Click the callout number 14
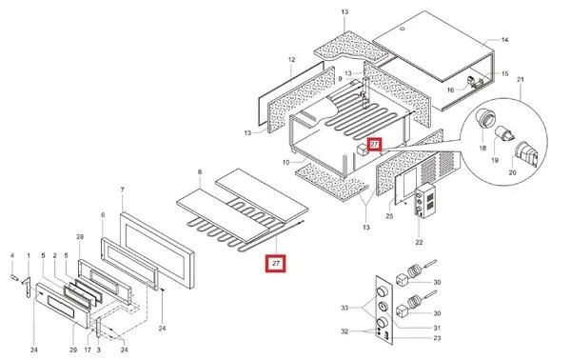click(x=504, y=40)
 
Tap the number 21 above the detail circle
click(x=521, y=79)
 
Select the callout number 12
click(x=292, y=59)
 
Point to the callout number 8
click(x=200, y=171)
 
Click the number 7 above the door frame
click(x=123, y=190)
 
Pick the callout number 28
click(x=80, y=237)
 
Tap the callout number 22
click(x=419, y=242)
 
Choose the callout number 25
click(x=389, y=216)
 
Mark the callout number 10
click(x=285, y=162)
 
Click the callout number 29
click(x=73, y=350)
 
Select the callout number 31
click(x=437, y=328)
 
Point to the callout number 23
click(x=437, y=338)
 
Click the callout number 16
click(x=450, y=90)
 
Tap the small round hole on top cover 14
click(x=403, y=30)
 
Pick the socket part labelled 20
click(x=526, y=153)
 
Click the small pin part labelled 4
click(x=14, y=278)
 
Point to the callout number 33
click(x=345, y=308)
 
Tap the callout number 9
click(x=340, y=79)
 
